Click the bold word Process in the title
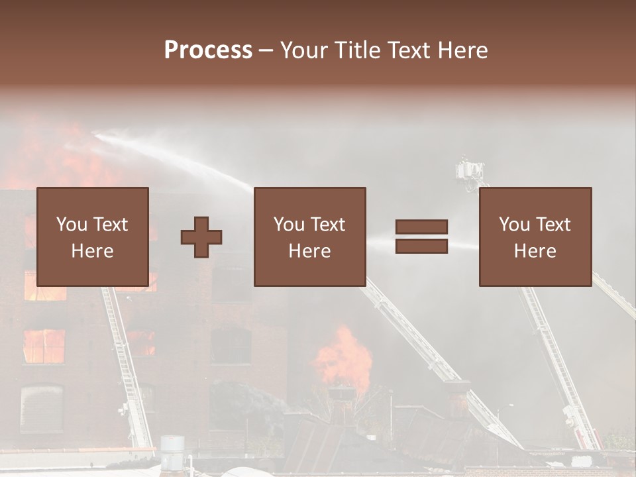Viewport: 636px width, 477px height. click(208, 50)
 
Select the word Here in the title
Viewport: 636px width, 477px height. click(462, 50)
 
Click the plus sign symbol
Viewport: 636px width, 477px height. click(201, 237)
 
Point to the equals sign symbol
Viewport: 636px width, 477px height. click(421, 237)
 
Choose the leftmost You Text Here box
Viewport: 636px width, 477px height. click(93, 237)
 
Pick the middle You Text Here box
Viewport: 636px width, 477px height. click(310, 237)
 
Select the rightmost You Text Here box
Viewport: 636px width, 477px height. click(535, 237)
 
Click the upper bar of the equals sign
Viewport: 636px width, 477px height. click(421, 227)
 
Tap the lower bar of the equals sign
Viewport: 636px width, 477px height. click(421, 246)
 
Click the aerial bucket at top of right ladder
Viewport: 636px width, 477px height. click(470, 171)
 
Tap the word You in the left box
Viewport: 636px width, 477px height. click(72, 225)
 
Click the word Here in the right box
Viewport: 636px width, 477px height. click(535, 251)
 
